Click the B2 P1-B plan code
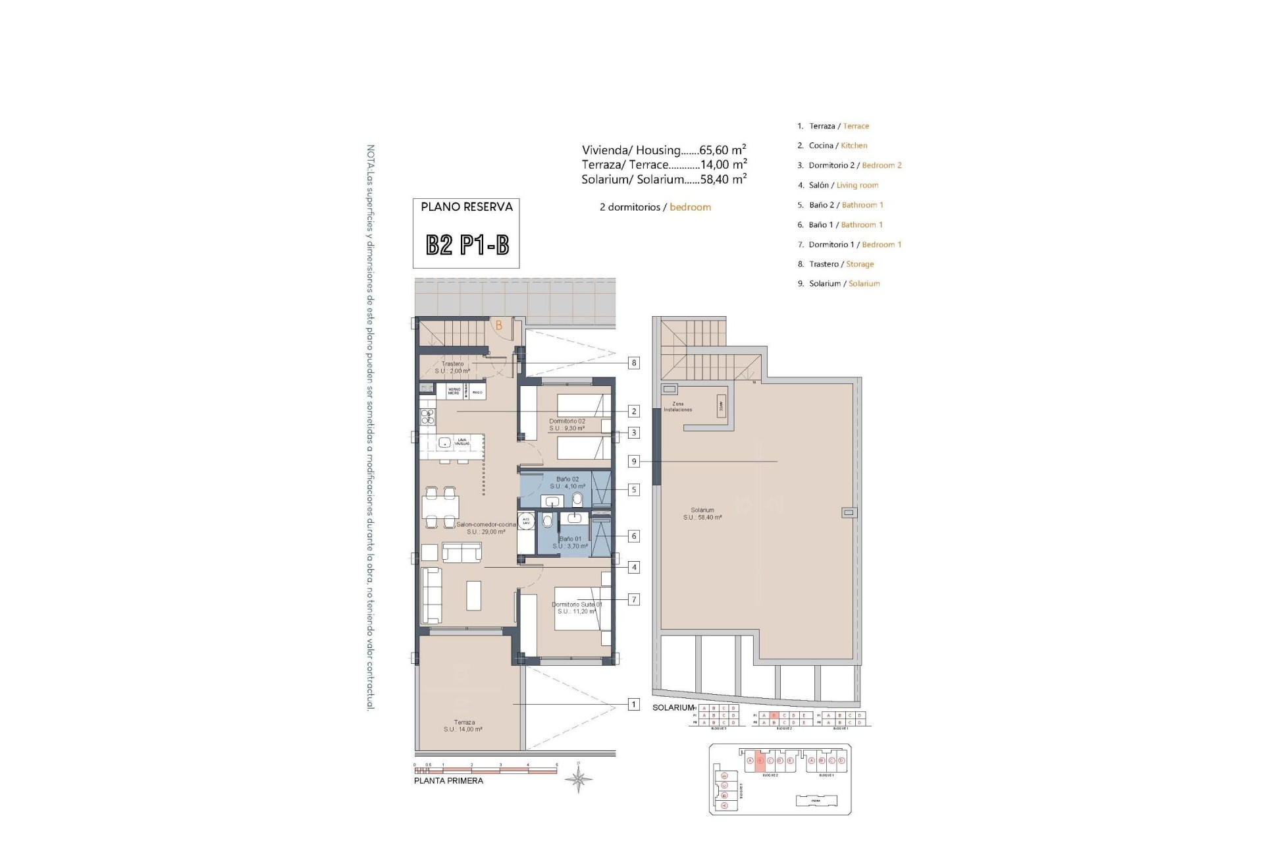point(467,246)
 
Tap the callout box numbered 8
point(633,363)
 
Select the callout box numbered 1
point(633,705)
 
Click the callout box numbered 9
point(634,462)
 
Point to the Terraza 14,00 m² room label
point(463,726)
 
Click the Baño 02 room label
point(567,483)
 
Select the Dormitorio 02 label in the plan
point(567,425)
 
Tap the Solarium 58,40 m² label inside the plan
point(702,514)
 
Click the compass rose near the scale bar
point(578,780)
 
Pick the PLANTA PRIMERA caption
point(448,781)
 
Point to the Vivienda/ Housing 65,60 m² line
point(664,150)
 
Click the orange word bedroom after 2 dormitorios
point(690,207)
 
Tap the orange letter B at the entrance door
point(499,325)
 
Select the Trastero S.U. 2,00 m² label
point(453,367)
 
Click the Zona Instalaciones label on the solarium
point(677,407)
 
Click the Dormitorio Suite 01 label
point(577,607)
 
